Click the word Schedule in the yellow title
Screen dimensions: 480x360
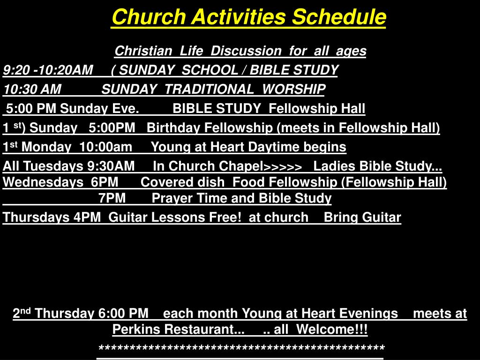click(x=339, y=16)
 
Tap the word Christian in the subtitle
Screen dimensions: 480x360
click(x=143, y=51)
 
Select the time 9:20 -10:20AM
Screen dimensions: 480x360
click(x=48, y=70)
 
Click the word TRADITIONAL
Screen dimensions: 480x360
click(x=210, y=90)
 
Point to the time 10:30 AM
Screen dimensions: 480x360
click(x=32, y=90)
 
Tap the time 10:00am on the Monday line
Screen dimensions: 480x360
click(x=105, y=147)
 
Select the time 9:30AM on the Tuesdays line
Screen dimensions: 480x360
click(x=111, y=166)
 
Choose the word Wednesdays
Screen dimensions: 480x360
click(x=43, y=182)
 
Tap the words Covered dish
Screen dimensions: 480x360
click(x=183, y=182)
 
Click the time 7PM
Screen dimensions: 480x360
click(x=112, y=198)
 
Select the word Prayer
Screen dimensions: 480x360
click(x=171, y=198)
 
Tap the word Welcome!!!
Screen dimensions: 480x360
click(x=332, y=330)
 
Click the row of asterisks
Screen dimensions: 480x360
click(x=241, y=348)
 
